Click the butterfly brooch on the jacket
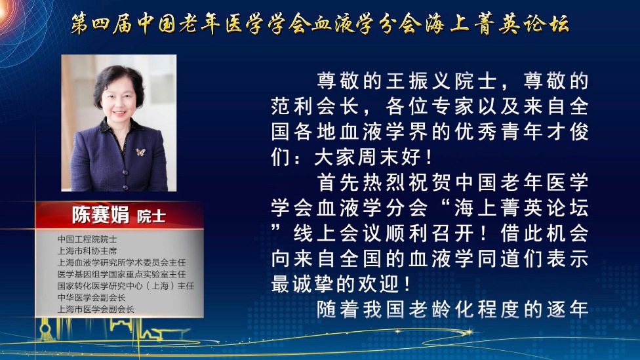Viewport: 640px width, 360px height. tap(140, 152)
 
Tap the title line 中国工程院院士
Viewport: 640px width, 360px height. tap(87, 239)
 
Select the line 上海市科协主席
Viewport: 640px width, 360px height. tap(87, 250)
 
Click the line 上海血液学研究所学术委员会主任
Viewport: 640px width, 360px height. tap(121, 262)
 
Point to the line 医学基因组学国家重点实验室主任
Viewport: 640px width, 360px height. tap(121, 274)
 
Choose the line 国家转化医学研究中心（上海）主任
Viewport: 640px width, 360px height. tap(126, 286)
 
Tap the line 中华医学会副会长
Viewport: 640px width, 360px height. tap(91, 298)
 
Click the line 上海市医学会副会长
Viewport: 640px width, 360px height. tap(96, 310)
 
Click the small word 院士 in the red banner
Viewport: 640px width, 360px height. tap(151, 216)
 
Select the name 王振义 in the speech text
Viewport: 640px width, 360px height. tap(418, 81)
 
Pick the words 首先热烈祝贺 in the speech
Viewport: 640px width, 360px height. tap(382, 182)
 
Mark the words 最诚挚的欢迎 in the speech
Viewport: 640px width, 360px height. tap(334, 284)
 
